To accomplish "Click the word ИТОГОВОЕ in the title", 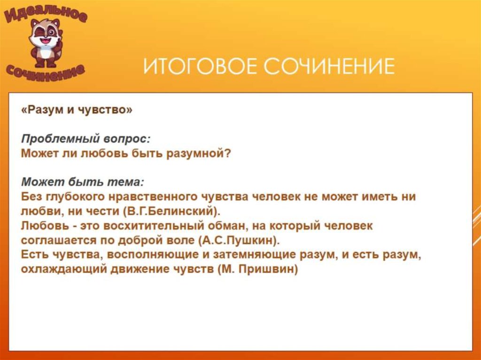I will (197, 66).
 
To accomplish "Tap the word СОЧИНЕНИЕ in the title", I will (329, 66).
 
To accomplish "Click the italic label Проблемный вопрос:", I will (85, 138).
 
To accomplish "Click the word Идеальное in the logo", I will (46, 14).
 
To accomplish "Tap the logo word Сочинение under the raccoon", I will (46, 71).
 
